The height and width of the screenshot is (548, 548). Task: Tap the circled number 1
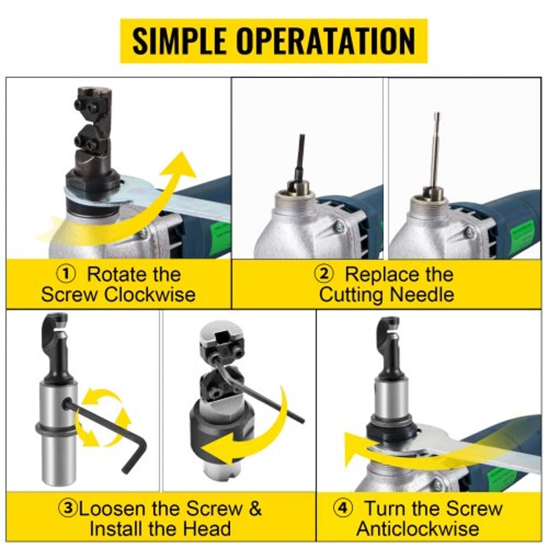click(x=66, y=275)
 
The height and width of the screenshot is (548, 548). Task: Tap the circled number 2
click(x=323, y=275)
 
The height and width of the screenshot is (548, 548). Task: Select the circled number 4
click(x=342, y=508)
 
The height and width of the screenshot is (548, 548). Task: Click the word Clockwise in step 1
click(x=150, y=295)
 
